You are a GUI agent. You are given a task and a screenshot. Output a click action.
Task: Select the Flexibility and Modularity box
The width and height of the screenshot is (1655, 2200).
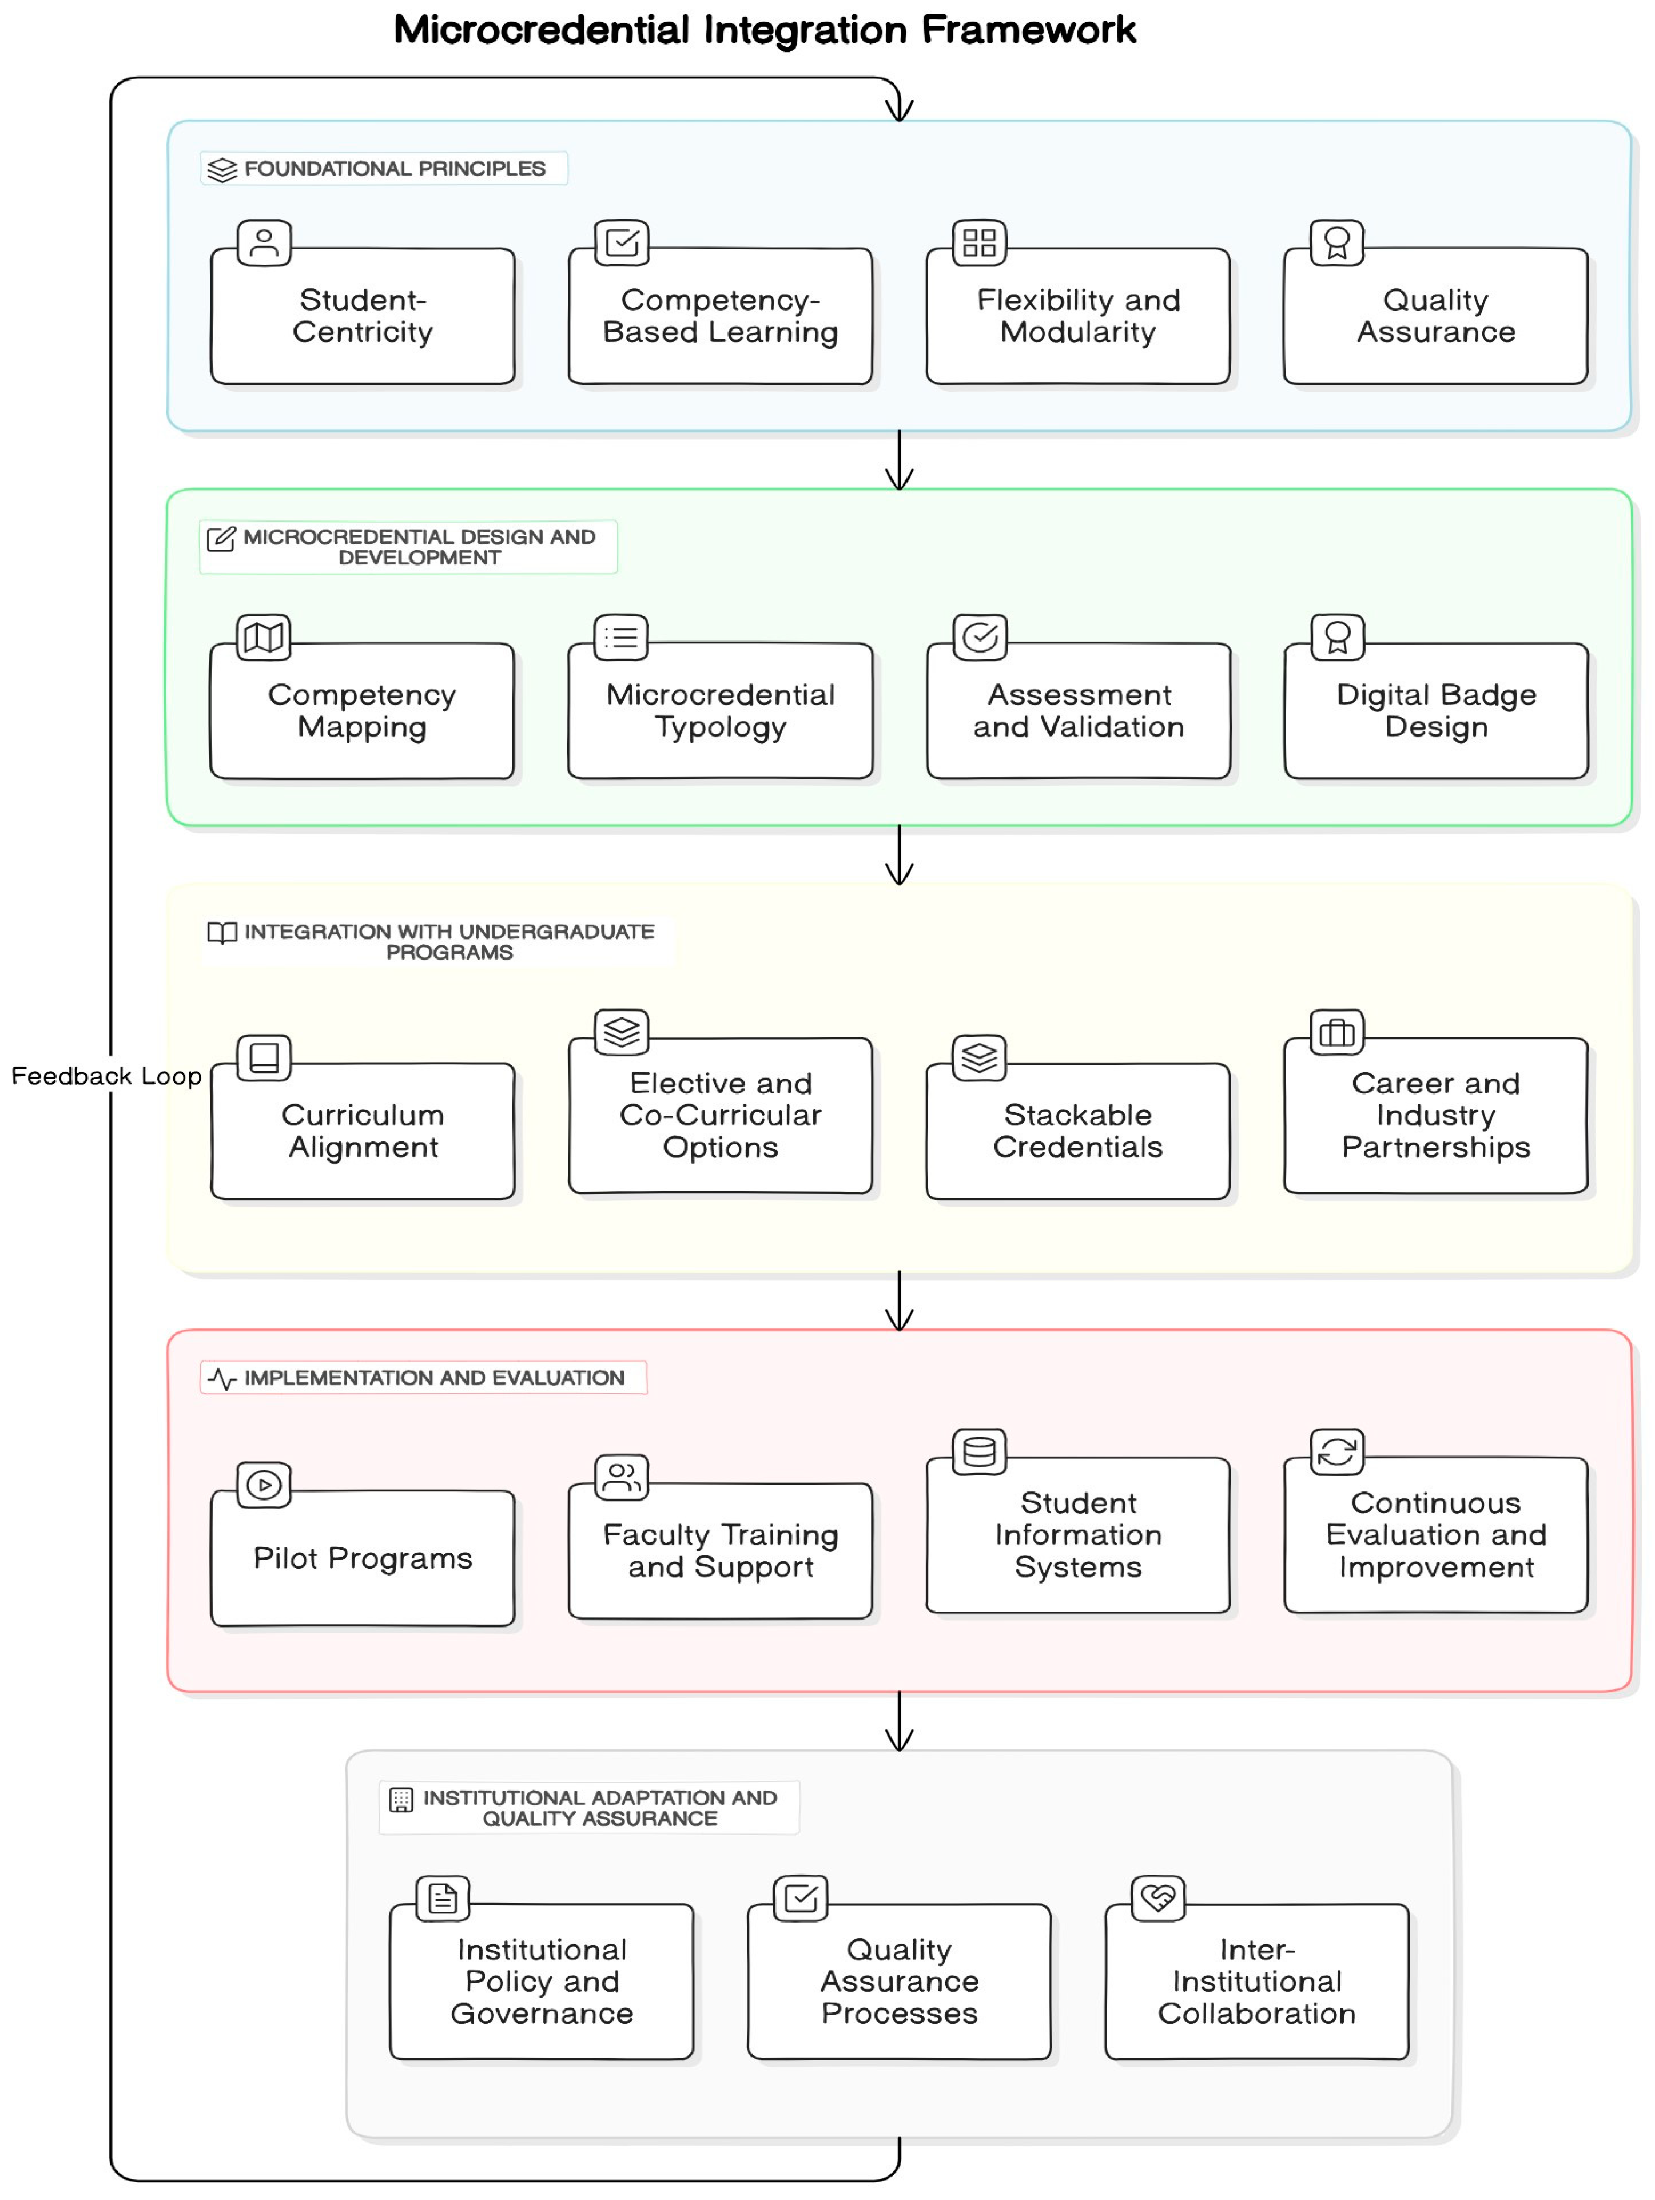coord(1077,316)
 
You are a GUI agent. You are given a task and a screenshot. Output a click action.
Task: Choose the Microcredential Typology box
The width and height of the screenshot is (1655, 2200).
coord(720,710)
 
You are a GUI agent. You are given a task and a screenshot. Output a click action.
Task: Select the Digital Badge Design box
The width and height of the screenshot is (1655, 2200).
coord(1435,710)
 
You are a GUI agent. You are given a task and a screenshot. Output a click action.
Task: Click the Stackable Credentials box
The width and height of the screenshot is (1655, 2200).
coord(1077,1131)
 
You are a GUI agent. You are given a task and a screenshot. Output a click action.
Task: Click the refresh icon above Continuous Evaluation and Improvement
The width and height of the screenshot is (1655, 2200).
coord(1336,1452)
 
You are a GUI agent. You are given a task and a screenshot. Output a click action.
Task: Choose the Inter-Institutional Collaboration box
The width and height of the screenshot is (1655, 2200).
coord(1256,1981)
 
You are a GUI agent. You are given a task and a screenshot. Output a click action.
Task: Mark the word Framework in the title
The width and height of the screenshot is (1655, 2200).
coord(1028,30)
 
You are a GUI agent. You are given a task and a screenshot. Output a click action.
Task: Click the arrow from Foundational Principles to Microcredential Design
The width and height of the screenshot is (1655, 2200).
coord(899,459)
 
